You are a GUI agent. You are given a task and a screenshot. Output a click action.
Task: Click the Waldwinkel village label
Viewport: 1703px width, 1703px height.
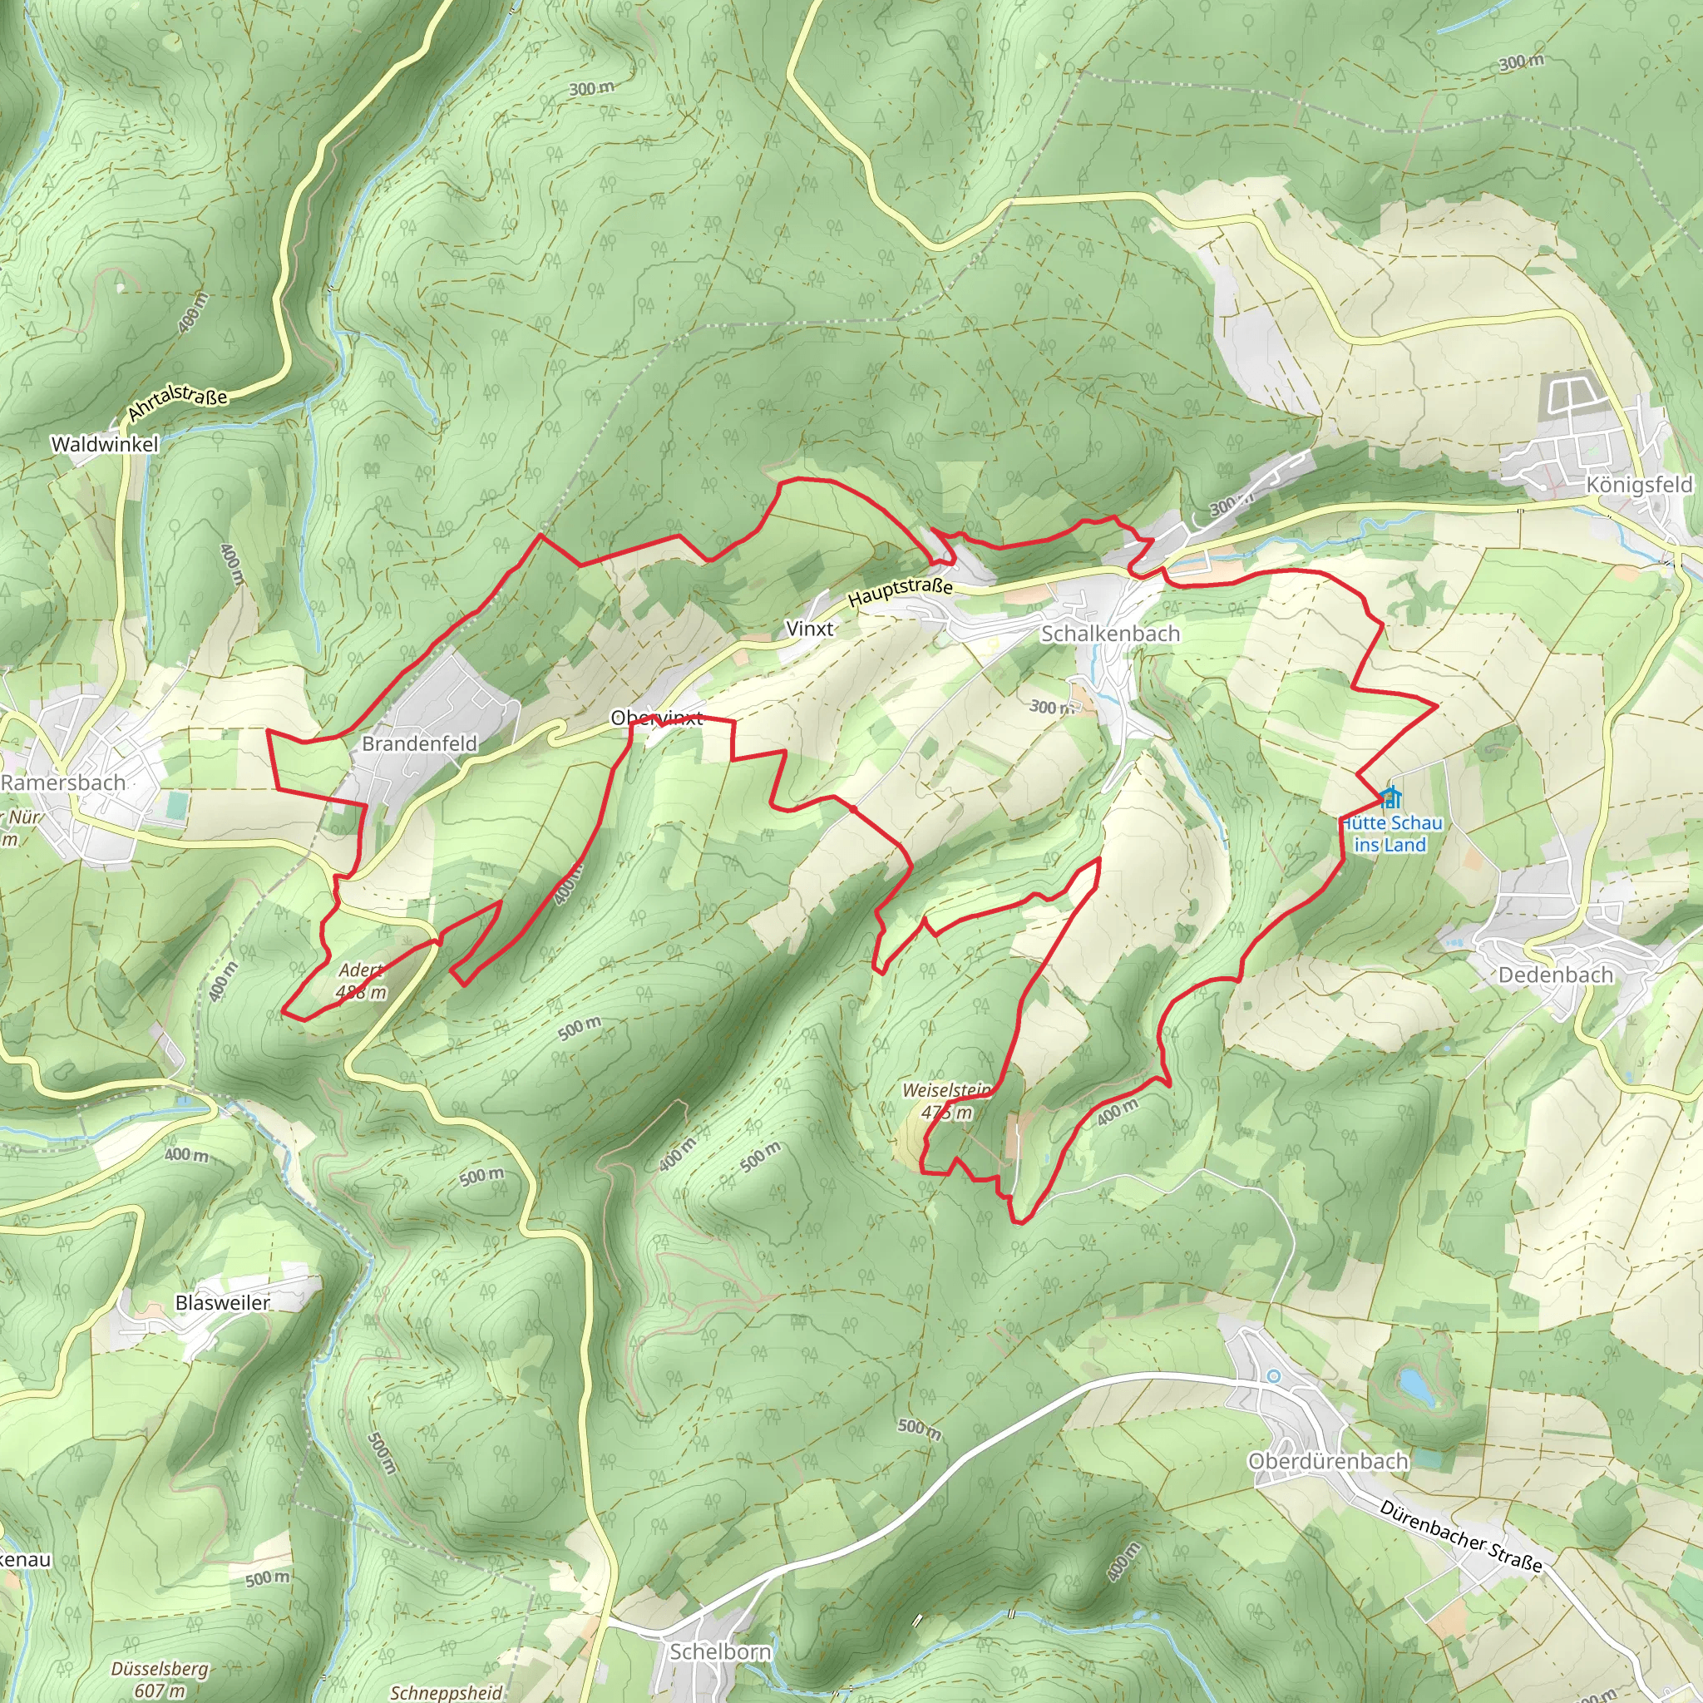[x=105, y=444]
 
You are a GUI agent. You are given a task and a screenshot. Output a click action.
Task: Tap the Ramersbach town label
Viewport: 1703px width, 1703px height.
[x=63, y=782]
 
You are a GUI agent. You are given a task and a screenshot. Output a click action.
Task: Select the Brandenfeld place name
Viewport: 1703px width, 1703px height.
[x=420, y=743]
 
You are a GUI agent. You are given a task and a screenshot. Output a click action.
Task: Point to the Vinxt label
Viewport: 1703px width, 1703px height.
[x=809, y=629]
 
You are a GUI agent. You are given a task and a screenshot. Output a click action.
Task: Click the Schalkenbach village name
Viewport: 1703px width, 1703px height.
[x=1110, y=634]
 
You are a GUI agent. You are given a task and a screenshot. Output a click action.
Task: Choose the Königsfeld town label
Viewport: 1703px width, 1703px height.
[x=1639, y=485]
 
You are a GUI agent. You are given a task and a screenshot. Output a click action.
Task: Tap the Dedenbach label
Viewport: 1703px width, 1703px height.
[x=1556, y=975]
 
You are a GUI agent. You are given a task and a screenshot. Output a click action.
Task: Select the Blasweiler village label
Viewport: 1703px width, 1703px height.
[x=223, y=1302]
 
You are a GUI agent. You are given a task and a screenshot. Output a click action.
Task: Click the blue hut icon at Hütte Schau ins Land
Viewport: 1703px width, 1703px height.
[x=1391, y=798]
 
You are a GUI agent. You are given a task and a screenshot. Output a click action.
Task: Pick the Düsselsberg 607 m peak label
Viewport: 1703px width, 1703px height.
[x=160, y=1678]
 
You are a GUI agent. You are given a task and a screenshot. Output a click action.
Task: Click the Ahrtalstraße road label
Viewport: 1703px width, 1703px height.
[x=178, y=402]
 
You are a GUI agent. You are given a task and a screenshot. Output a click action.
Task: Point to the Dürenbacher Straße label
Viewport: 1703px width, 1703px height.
[x=1460, y=1537]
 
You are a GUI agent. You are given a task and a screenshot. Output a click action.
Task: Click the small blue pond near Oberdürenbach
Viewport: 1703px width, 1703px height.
[x=1416, y=1385]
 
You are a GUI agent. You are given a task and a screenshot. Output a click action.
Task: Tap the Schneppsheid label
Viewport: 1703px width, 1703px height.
[x=446, y=1692]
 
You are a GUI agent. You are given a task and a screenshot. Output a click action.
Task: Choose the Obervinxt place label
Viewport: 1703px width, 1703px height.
[x=657, y=718]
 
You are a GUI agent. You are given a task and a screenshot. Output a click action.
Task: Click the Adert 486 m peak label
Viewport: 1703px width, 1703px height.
[x=363, y=981]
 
